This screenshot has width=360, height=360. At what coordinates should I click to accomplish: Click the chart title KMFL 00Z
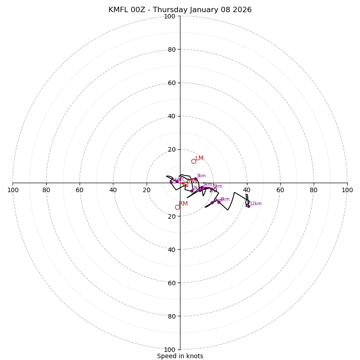pos(180,10)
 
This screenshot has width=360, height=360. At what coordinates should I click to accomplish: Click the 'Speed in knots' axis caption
pos(180,356)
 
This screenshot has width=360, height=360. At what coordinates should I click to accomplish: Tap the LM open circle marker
pos(193,161)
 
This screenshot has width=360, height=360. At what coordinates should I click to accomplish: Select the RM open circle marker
pos(177,207)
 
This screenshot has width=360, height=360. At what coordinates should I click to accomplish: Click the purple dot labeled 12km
pos(248,206)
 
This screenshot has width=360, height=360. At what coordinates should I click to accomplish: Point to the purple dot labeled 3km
pos(195,179)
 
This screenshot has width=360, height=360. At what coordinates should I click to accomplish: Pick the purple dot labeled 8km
pos(219,202)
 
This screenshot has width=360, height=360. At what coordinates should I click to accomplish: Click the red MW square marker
pos(185,184)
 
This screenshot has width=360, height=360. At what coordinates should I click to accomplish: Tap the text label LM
pos(199,158)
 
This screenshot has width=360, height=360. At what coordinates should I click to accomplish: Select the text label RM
pos(183,204)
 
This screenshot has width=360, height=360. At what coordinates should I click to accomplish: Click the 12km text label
pos(256,204)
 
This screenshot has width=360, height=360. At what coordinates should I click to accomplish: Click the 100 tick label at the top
pos(169,16)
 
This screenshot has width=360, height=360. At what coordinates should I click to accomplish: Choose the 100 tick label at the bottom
pos(169,350)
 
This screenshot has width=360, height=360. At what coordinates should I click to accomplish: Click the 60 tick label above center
pos(171,83)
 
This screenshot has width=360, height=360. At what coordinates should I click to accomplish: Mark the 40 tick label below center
pos(171,249)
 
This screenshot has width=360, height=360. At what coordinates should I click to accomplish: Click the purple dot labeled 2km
pos(192,191)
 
